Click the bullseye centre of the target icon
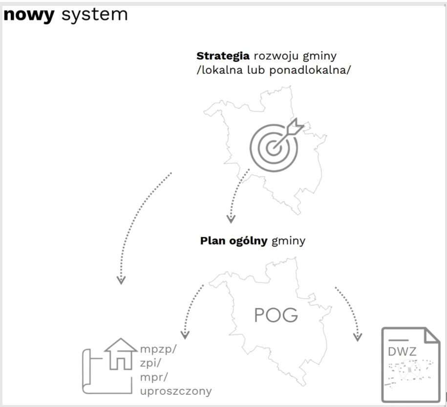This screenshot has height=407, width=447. [273, 145]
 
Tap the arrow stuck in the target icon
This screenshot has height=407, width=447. [292, 128]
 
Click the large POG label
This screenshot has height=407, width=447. [276, 315]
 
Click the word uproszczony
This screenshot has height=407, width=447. [175, 391]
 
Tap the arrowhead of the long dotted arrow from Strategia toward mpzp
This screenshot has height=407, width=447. [121, 280]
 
